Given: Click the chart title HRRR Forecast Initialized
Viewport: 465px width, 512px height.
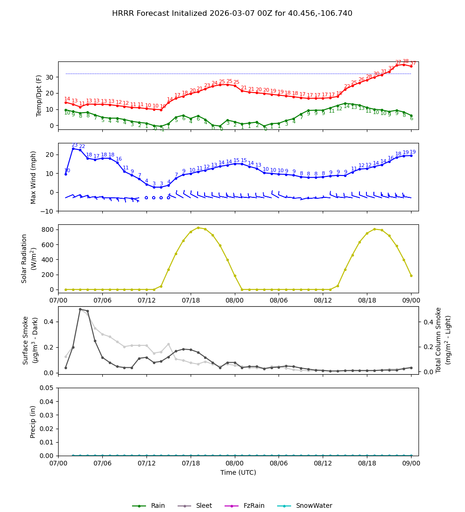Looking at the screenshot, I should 232,13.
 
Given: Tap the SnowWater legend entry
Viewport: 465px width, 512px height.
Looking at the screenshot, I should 314,506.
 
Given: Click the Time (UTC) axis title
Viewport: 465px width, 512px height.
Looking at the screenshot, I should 238,472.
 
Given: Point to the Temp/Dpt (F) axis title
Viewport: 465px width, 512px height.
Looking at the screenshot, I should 40,95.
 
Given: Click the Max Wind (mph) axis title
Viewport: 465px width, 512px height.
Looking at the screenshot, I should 33,177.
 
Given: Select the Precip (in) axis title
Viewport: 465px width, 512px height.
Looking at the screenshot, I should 33,422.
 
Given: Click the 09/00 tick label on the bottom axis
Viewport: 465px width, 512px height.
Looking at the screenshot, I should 411,464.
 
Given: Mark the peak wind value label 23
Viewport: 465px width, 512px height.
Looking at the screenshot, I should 74,145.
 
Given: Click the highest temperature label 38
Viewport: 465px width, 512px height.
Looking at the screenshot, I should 405,61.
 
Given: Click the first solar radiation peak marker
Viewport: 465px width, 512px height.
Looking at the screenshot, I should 198,228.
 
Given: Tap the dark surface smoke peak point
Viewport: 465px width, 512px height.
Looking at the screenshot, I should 80,309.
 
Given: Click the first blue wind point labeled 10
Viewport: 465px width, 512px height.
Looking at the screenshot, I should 66,174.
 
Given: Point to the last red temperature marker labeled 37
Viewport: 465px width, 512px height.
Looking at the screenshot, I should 411,66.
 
